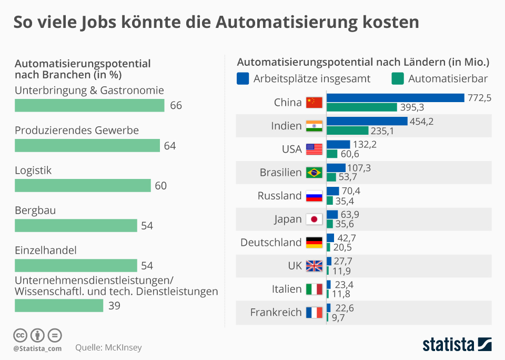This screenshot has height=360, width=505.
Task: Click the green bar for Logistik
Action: click(x=83, y=186)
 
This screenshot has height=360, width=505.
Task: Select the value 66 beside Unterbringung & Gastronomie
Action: click(x=176, y=106)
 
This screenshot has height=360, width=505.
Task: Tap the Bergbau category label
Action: click(x=35, y=211)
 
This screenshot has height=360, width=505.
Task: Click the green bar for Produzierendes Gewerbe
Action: click(x=87, y=146)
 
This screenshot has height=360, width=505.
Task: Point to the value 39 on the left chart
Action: click(x=114, y=306)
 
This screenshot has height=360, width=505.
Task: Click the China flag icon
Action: click(x=314, y=103)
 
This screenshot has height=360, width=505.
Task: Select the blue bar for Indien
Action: click(x=367, y=121)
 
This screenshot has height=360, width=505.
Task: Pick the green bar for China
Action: click(x=362, y=107)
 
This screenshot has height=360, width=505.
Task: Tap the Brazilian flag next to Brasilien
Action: click(x=314, y=173)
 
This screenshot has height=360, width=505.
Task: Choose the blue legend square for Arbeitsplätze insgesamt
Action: click(x=243, y=79)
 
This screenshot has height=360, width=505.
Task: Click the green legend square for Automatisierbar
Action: click(x=398, y=79)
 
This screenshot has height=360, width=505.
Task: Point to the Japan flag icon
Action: click(x=314, y=219)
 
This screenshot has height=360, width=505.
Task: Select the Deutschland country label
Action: click(x=271, y=243)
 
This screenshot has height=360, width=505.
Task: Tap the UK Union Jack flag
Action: click(x=314, y=266)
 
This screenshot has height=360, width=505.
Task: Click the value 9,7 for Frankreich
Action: click(x=337, y=318)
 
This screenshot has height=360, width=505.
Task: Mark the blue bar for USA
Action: click(x=338, y=144)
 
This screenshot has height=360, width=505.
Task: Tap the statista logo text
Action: click(x=448, y=345)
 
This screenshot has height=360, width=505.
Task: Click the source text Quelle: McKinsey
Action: click(x=108, y=347)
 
